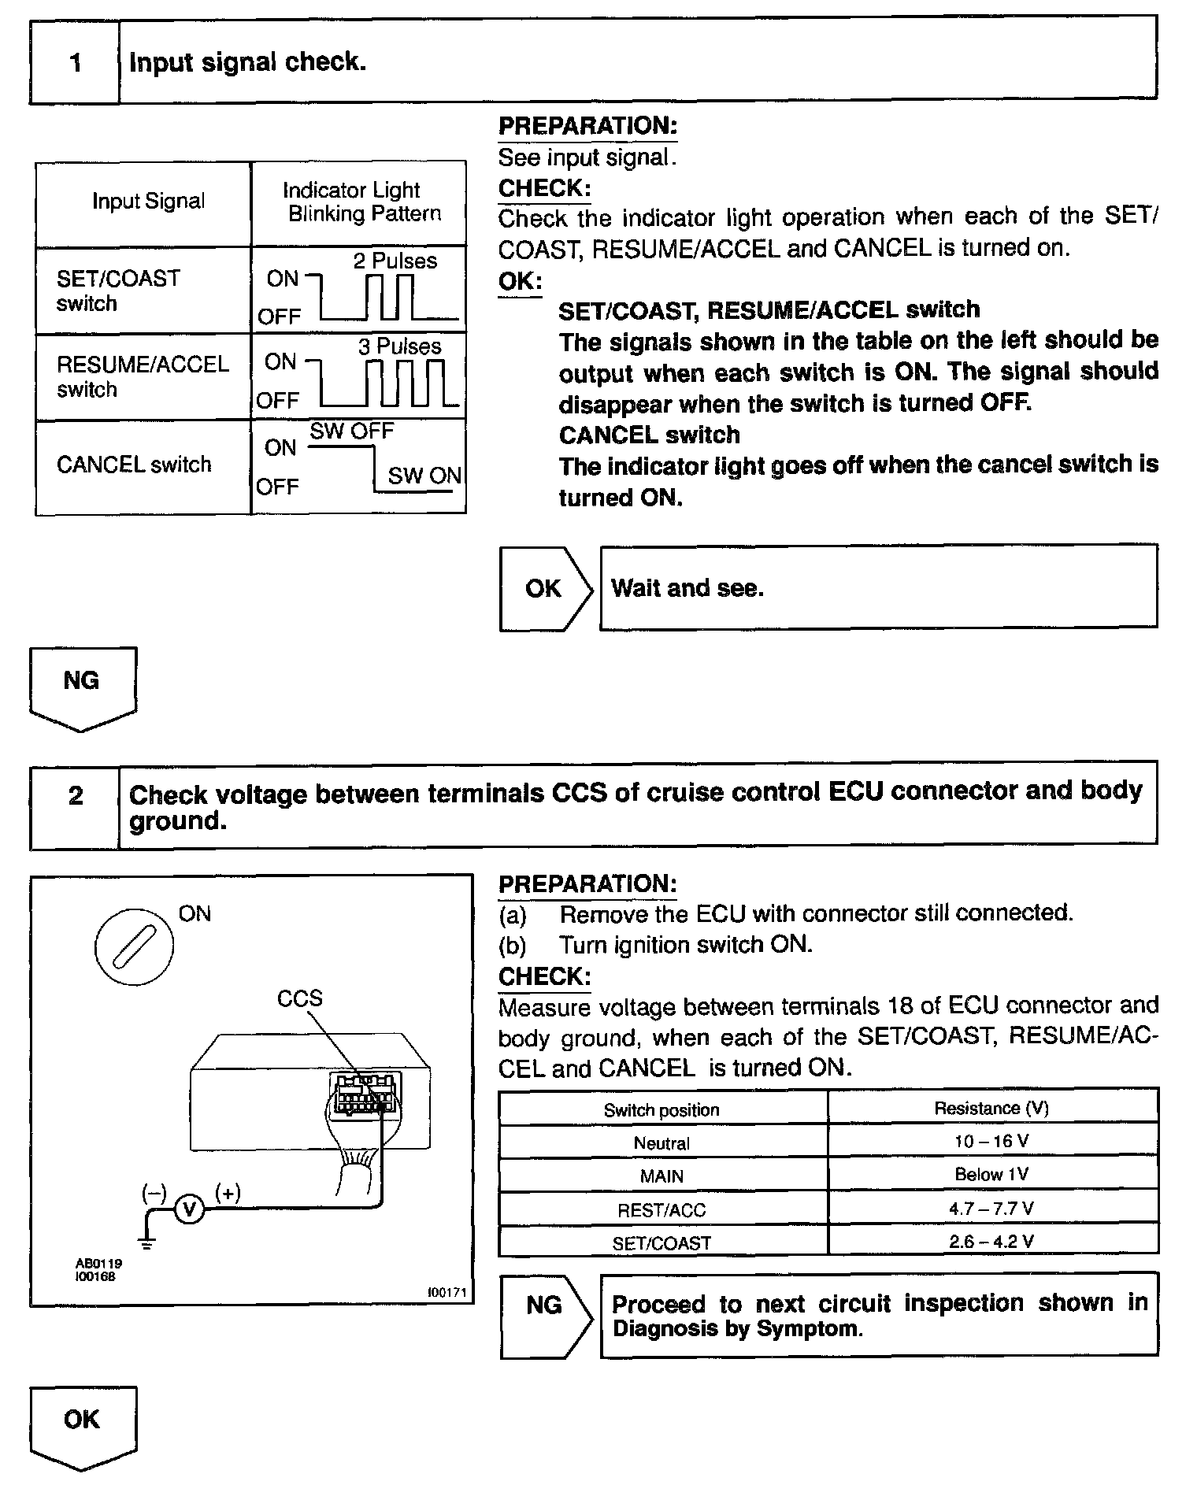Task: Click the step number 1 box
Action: [76, 62]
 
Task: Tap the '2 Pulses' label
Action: [395, 261]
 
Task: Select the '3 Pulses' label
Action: [399, 347]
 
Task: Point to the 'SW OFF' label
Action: [351, 431]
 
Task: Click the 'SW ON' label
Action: [424, 476]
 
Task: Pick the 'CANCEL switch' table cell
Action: [135, 465]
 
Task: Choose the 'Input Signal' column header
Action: [148, 202]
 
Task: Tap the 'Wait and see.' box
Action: [878, 587]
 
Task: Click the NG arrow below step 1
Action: [83, 687]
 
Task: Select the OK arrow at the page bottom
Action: [83, 1426]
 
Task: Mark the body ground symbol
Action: [147, 1242]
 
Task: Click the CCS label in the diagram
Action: [299, 998]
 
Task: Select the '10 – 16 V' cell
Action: [991, 1141]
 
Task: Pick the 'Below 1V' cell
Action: [991, 1175]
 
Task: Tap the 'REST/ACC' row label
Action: [661, 1210]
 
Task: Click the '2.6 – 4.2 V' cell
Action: [991, 1242]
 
